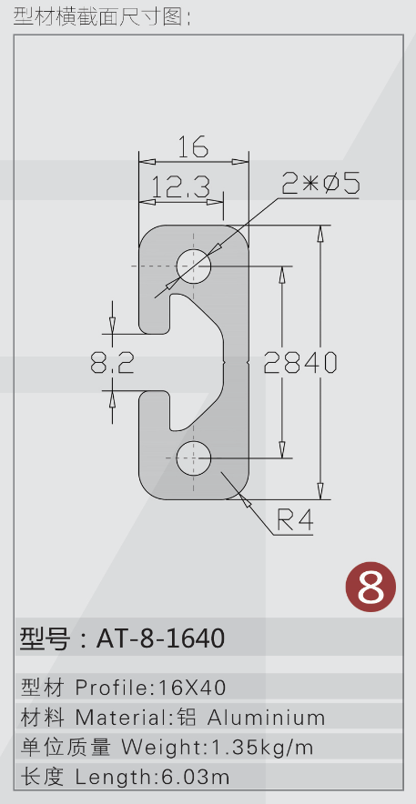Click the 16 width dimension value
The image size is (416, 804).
[193, 147]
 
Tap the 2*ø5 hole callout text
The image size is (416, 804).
[321, 183]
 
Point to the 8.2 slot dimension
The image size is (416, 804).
[112, 363]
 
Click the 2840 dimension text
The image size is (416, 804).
[300, 363]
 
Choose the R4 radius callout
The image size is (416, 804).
[295, 520]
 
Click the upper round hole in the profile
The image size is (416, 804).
[194, 266]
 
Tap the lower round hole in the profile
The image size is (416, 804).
[194, 457]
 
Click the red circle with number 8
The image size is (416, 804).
[370, 588]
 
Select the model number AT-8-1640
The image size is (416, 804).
[160, 638]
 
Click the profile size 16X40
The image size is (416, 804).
[192, 688]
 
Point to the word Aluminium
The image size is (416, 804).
[266, 718]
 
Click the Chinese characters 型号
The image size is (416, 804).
[44, 638]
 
